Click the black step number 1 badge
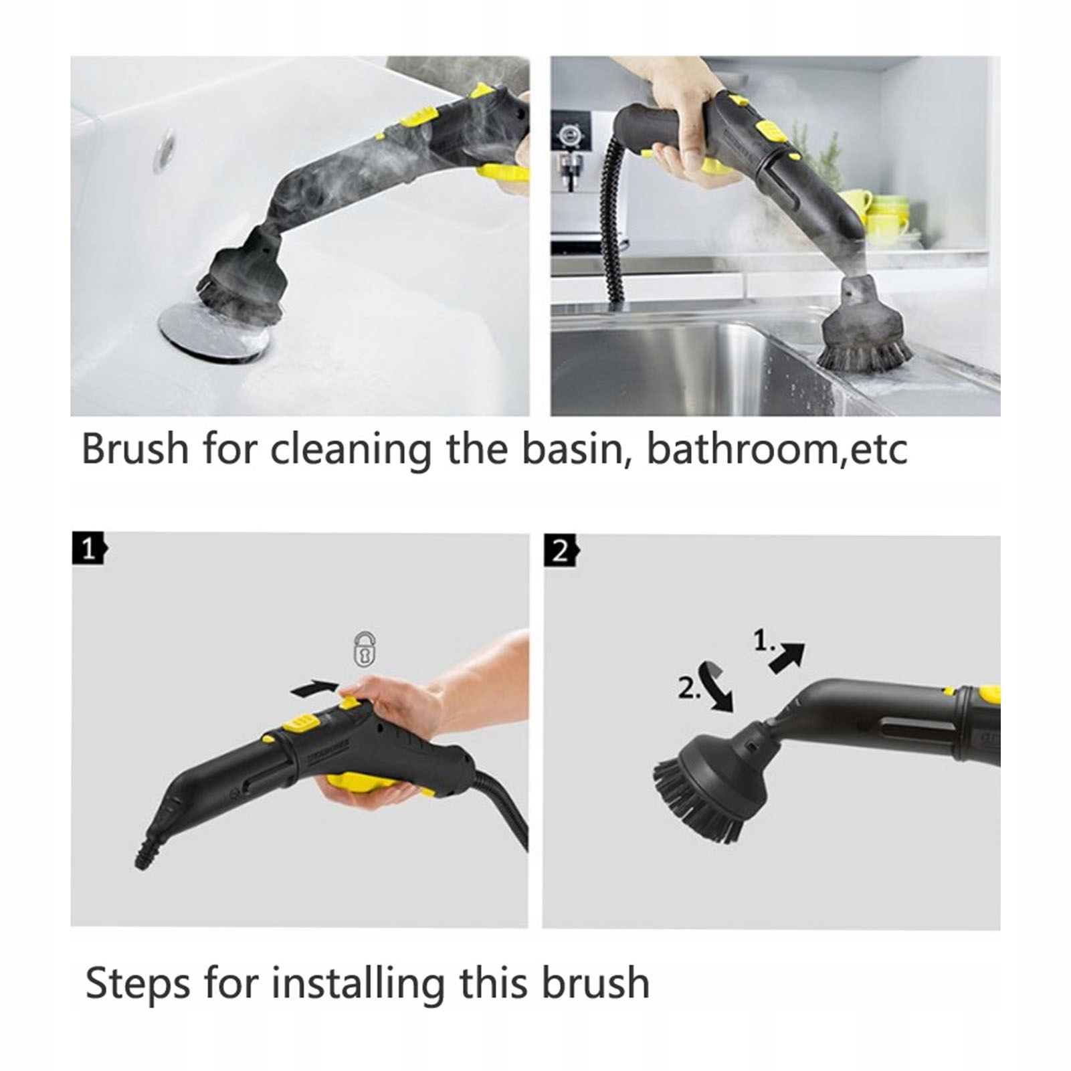pos(89,549)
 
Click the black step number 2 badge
pos(561,551)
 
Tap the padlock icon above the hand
pos(365,649)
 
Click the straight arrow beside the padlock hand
pos(314,688)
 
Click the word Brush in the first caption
pos(135,448)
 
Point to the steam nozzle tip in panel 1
pos(143,859)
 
